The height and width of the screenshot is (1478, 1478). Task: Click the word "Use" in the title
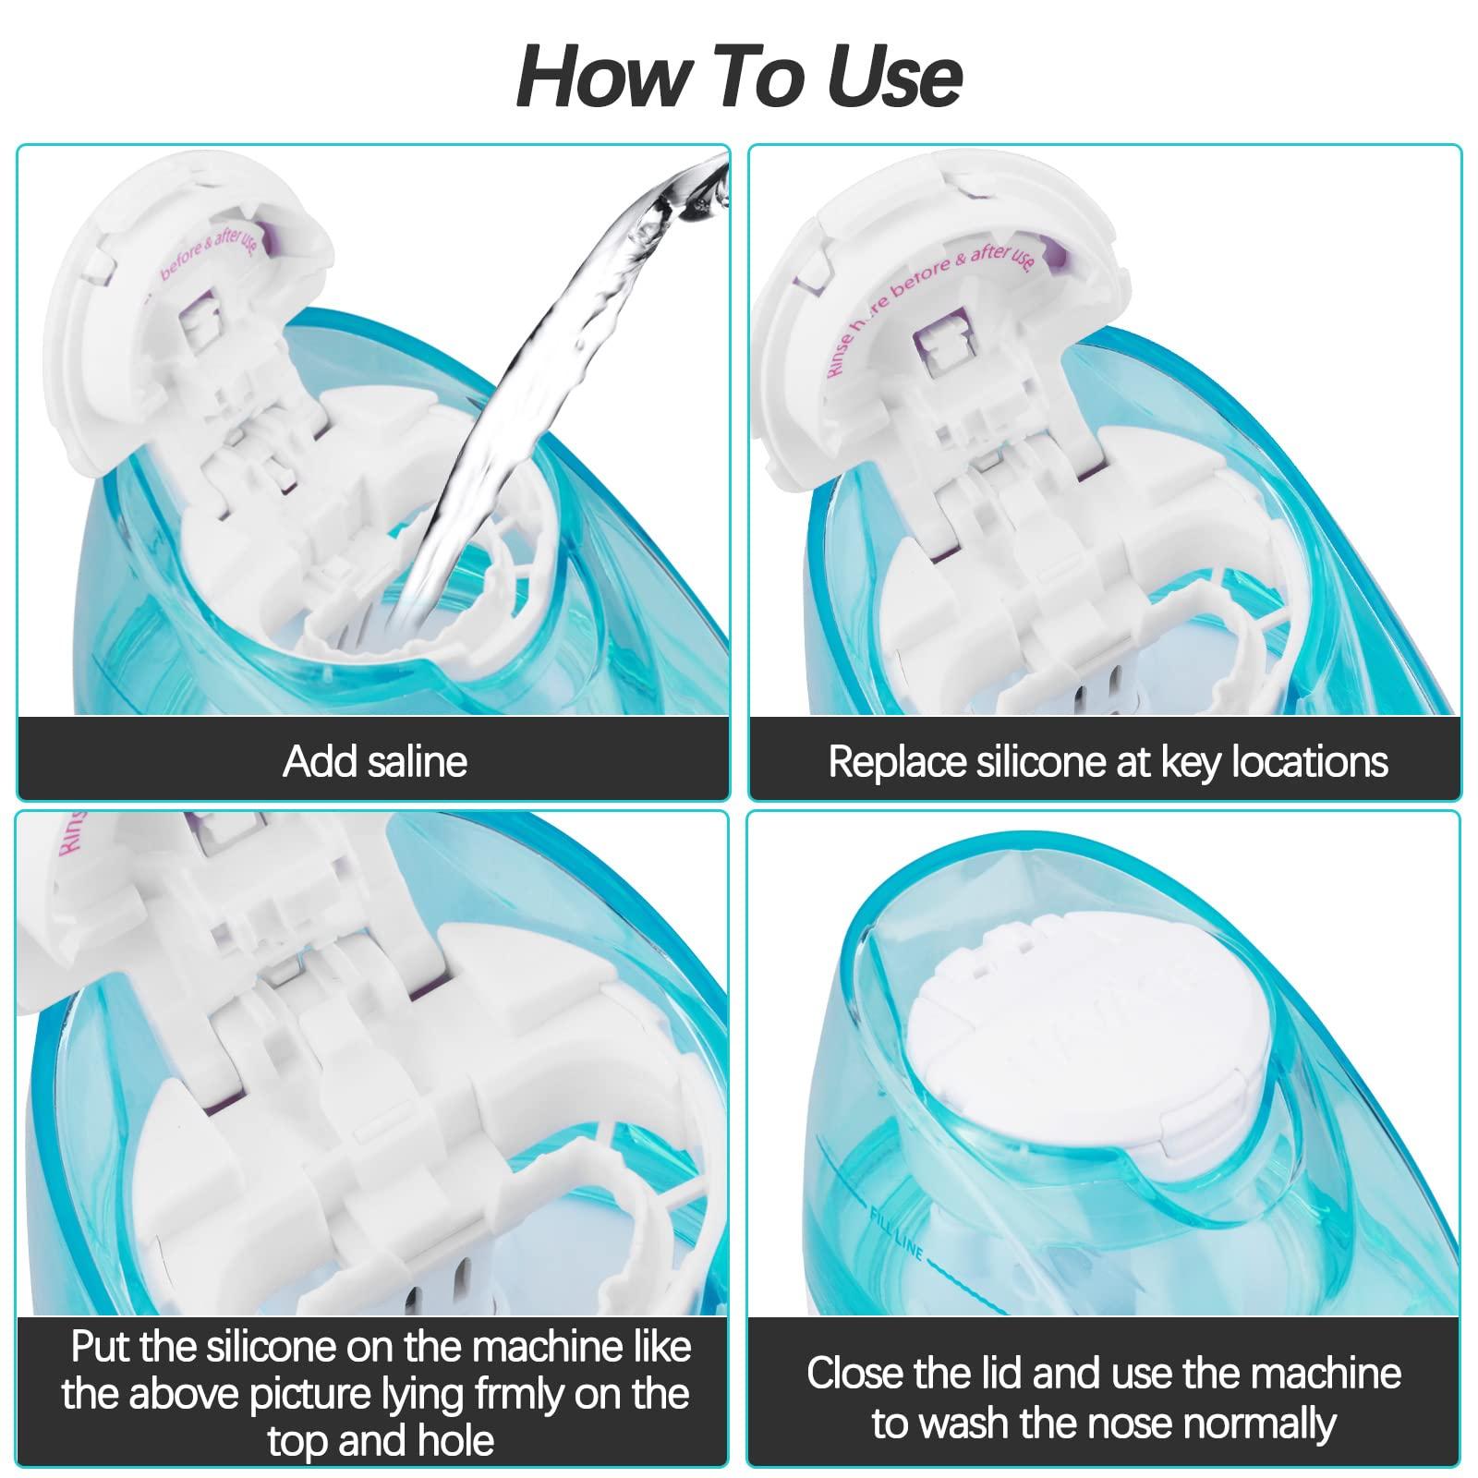pos(892,77)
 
